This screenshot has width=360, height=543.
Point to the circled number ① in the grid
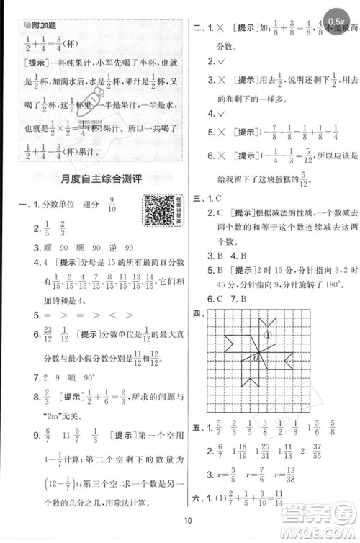(x=267, y=334)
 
